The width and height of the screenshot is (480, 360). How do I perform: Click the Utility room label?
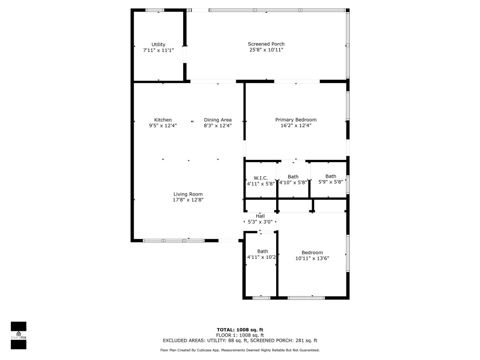158,45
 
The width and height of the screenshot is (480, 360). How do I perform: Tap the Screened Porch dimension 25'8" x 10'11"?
266,50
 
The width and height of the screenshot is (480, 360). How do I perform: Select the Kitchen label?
163,120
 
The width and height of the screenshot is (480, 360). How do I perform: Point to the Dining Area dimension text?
217,125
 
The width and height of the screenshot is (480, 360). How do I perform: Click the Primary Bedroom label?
295,120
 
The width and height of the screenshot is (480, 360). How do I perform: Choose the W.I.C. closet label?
261,178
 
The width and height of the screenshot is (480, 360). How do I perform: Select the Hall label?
260,216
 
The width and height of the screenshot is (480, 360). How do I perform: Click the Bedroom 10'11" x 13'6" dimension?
312,258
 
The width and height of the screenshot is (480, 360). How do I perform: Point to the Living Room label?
188,194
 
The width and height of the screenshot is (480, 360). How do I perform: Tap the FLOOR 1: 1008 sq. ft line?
240,335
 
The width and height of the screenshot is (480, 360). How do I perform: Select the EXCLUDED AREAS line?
240,341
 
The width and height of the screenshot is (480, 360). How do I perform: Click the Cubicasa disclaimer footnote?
240,350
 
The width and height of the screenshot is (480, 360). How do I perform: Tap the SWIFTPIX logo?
18,335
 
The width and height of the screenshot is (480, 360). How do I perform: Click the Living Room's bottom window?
173,240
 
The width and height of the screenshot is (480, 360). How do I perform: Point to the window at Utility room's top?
155,10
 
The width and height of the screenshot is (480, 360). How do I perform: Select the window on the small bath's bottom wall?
261,298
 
